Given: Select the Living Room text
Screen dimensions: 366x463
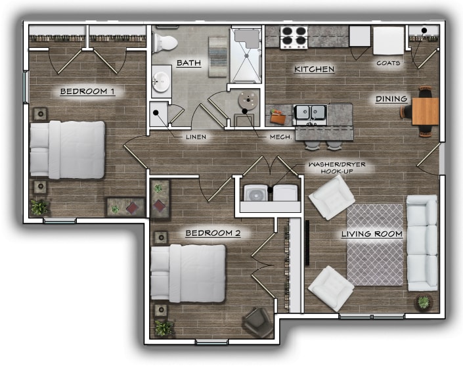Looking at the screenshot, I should point(372,234).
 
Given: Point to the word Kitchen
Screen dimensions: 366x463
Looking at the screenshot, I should point(314,69).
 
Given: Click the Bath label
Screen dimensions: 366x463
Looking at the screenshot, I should point(188,63).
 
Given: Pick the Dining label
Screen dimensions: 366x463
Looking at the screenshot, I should point(391,99).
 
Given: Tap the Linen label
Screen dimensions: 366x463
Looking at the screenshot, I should point(196,137).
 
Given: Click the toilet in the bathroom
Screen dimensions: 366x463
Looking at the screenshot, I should point(164,43).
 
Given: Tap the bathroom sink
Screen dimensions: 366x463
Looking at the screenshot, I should point(160,83).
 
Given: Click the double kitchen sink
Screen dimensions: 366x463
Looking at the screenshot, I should point(311,113).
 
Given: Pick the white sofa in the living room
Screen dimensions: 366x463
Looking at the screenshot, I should point(422,242).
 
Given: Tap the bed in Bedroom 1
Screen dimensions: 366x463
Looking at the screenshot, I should point(67,149).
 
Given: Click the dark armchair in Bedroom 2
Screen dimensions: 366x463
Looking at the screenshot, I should point(257,322).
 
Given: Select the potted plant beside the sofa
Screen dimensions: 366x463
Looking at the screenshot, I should point(424,302).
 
